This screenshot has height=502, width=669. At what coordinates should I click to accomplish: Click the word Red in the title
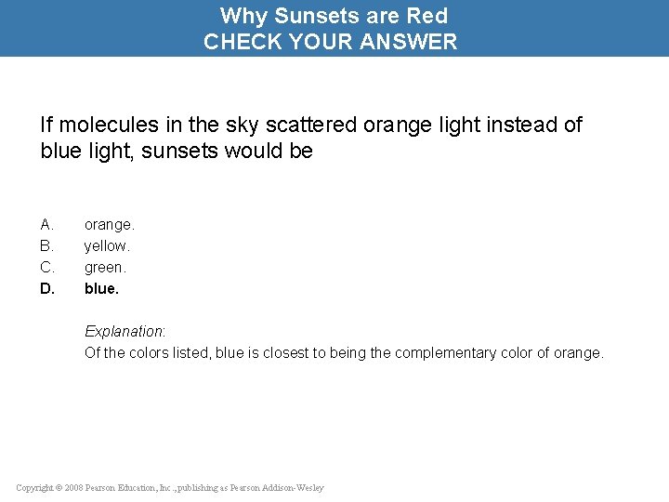[427, 16]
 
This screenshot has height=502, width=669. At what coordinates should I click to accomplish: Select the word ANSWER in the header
[413, 42]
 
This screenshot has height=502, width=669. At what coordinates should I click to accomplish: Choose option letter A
[47, 224]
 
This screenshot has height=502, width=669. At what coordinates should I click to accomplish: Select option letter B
[47, 245]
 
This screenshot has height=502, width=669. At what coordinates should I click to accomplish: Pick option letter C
[47, 267]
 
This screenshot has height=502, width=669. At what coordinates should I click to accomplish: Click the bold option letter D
[47, 288]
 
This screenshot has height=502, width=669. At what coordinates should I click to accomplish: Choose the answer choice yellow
[107, 245]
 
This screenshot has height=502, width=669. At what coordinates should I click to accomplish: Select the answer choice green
[104, 267]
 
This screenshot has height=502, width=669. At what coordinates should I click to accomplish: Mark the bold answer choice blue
[101, 288]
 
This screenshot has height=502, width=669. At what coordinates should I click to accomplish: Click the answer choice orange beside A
[109, 224]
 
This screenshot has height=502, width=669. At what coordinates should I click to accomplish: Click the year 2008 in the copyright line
[73, 488]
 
